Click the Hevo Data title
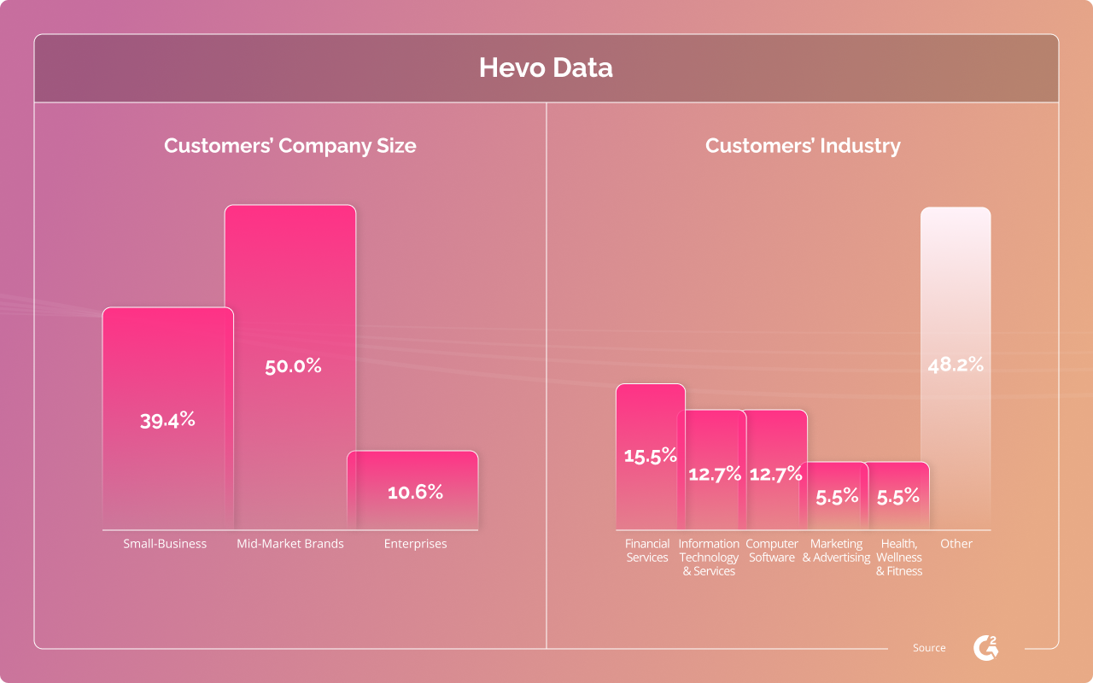[546, 67]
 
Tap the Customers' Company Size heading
[289, 146]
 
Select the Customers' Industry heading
[803, 146]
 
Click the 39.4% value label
[167, 420]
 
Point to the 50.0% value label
[293, 366]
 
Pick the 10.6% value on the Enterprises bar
[415, 492]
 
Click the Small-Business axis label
[165, 544]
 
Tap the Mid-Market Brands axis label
[290, 544]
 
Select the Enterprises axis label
[415, 544]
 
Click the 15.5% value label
[651, 456]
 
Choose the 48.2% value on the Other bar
[956, 365]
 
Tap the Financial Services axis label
[647, 551]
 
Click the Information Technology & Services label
[709, 557]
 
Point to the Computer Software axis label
[772, 551]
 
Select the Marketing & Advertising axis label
[836, 551]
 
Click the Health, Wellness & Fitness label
[899, 557]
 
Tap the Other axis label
[956, 544]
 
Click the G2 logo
[986, 648]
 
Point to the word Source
[929, 648]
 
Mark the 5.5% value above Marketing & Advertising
[837, 497]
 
